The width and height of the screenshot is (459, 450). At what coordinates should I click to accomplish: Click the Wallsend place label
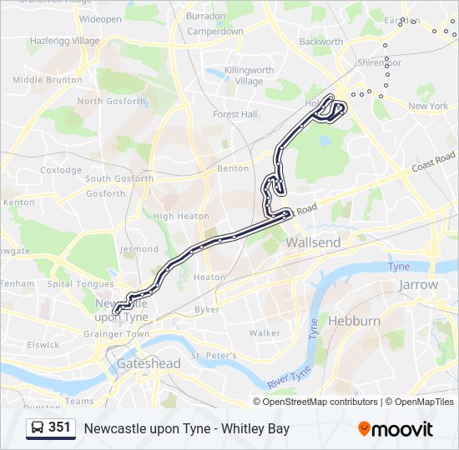click(313, 242)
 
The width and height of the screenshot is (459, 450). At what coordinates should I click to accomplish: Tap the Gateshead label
click(149, 364)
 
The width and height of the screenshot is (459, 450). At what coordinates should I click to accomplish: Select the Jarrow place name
click(418, 284)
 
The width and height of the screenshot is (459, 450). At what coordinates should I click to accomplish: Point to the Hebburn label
click(354, 321)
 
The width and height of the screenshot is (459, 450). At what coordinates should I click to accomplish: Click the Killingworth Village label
click(242, 77)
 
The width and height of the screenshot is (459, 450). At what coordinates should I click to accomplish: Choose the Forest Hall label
click(235, 114)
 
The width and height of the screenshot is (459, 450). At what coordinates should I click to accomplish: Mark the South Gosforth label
click(119, 178)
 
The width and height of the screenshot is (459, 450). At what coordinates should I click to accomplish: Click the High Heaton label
click(180, 216)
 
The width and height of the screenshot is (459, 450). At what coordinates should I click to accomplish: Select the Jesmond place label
click(139, 249)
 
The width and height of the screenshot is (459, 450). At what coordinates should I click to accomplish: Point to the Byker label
click(207, 309)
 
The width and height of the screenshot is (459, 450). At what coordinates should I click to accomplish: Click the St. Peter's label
click(209, 356)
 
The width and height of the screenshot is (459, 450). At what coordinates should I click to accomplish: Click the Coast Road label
click(433, 162)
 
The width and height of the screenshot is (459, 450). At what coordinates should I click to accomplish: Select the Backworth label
click(320, 41)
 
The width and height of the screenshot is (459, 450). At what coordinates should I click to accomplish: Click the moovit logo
click(396, 429)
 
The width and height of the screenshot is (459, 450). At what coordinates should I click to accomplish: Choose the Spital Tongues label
click(80, 283)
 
